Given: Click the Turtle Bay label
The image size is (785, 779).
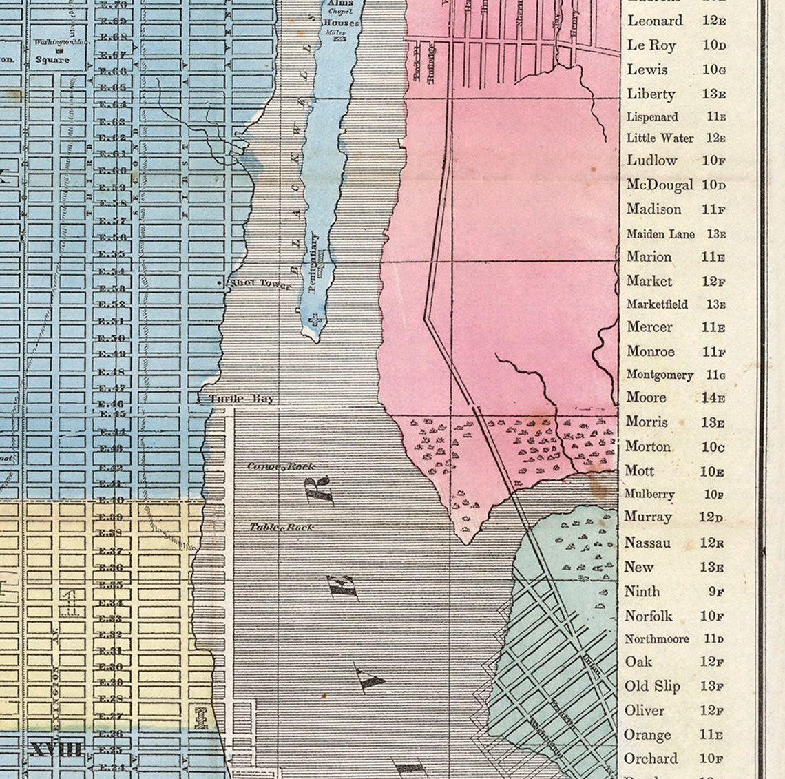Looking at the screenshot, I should click(242, 398).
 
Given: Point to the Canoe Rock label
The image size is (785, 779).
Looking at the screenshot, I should click(281, 466).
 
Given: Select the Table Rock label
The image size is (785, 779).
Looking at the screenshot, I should click(281, 527).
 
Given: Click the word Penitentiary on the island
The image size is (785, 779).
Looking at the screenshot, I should click(314, 262).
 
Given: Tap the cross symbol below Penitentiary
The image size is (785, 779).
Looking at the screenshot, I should click(316, 320).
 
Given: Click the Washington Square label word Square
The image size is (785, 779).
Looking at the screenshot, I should click(53, 59).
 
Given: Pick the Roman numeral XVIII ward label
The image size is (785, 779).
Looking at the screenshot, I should click(55, 749).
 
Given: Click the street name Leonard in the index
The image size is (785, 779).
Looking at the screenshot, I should click(654, 21).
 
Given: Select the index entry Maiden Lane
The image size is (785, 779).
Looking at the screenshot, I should click(660, 234).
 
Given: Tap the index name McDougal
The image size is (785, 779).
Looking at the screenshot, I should click(660, 185).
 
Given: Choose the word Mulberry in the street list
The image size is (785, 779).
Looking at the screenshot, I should click(649, 494).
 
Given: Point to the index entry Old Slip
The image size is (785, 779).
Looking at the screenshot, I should click(652, 686).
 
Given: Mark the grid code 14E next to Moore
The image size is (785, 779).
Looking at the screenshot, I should click(713, 398).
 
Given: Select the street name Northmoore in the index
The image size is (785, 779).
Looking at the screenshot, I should click(656, 639).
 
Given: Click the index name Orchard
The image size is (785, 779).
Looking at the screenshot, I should click(650, 759).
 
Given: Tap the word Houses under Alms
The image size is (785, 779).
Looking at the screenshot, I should click(341, 23).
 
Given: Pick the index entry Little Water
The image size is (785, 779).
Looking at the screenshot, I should click(660, 138).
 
